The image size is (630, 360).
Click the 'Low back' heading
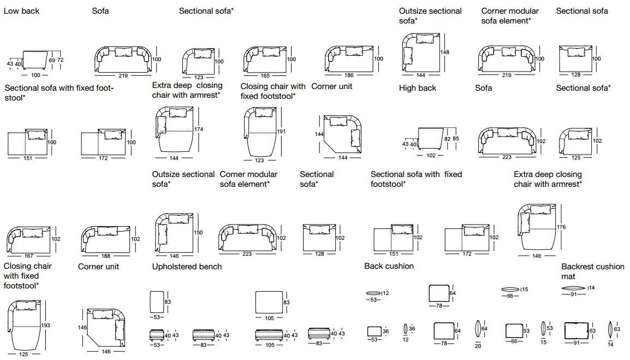21,11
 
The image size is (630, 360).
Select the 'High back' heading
418,88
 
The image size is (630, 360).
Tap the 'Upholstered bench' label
187,267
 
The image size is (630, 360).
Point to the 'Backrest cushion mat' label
592,272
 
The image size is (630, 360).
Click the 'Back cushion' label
389,266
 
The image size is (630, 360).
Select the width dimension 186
348,75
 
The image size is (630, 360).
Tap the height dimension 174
199,129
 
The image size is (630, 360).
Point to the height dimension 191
281,132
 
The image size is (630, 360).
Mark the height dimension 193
45,326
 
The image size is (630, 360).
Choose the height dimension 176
561,227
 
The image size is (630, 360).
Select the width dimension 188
106,256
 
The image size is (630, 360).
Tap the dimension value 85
456,139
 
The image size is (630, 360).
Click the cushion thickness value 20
478,346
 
